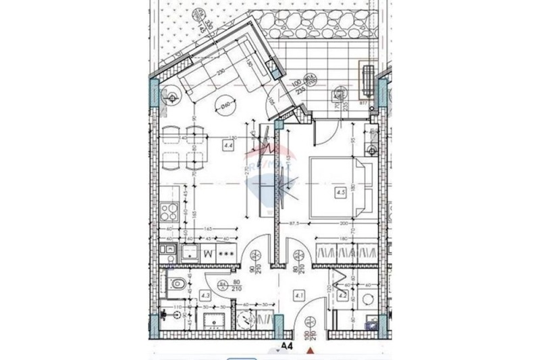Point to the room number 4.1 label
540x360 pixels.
pos(300,294)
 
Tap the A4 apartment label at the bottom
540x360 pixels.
pos(287,345)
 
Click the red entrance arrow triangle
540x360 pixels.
pos(310,350)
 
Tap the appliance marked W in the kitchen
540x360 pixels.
pos(208,255)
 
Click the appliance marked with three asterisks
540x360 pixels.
pos(227,255)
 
